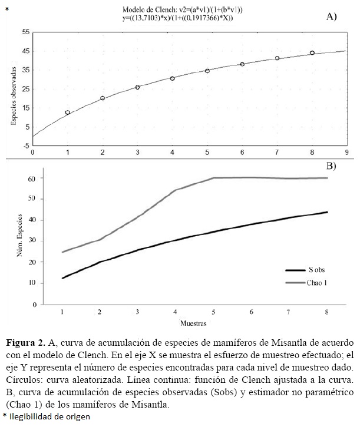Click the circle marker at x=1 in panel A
coord(68,113)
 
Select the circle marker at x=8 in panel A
coord(312,53)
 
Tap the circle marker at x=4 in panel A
coord(173,78)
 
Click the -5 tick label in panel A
coord(25,145)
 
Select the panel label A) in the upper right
coord(331,17)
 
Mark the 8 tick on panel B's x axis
coord(327,310)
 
